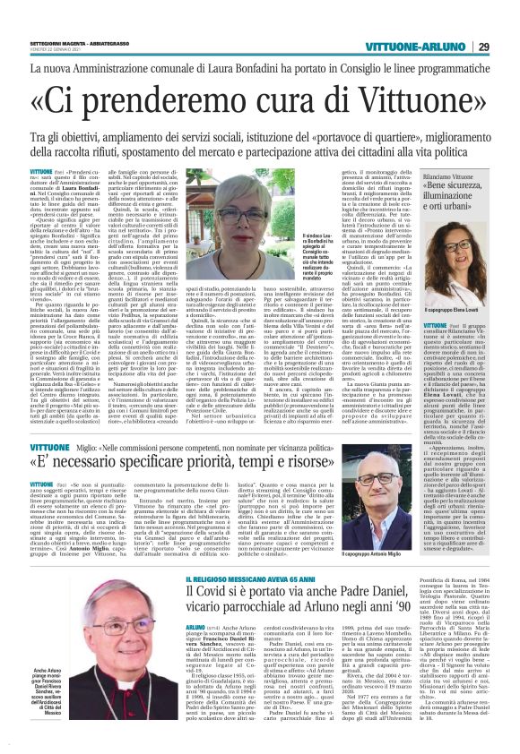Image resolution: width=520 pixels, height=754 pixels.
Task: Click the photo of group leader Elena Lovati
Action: coord(451,265)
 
